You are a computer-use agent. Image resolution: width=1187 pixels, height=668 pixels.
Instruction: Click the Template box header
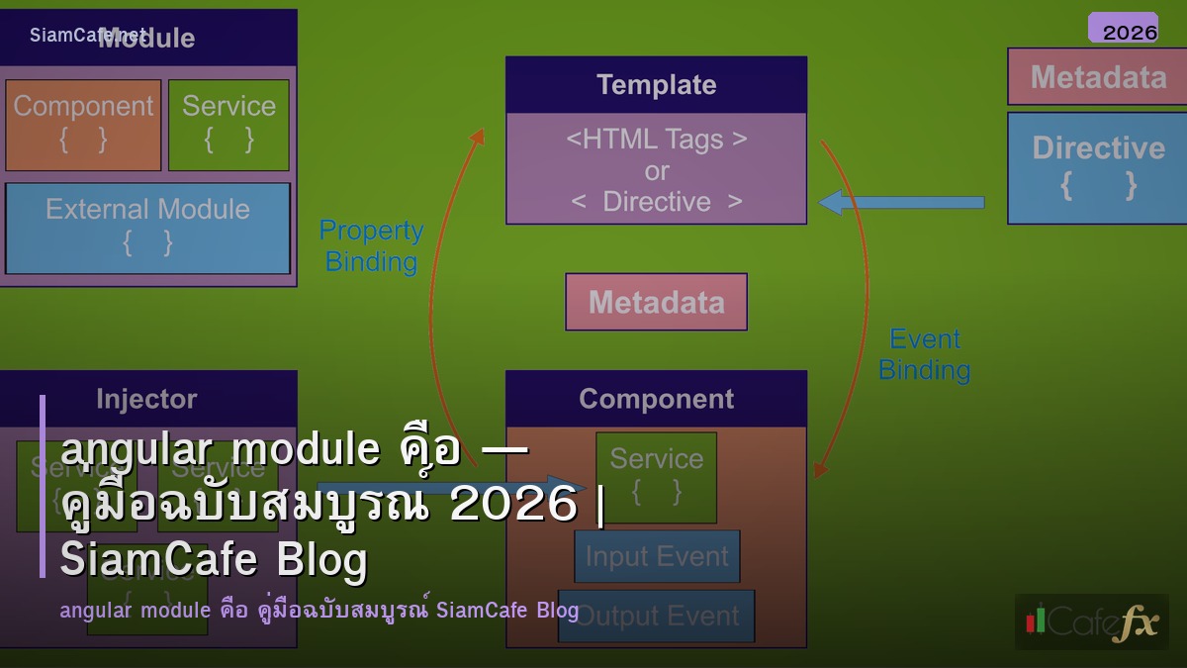click(x=656, y=85)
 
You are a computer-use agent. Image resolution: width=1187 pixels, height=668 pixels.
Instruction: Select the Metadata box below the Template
click(x=656, y=302)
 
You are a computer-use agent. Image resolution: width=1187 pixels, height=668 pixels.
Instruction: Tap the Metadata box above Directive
click(x=1097, y=77)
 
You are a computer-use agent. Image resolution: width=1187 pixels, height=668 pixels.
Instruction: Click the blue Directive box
click(x=1097, y=167)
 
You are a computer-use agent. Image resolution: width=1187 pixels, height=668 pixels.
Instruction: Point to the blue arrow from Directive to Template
click(x=900, y=202)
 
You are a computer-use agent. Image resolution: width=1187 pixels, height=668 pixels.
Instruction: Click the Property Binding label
click(x=371, y=245)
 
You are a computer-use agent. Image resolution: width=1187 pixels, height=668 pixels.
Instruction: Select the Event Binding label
click(x=925, y=353)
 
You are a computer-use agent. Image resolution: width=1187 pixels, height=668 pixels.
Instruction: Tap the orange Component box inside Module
click(x=83, y=125)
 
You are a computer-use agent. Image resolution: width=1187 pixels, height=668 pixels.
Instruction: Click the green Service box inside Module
click(x=228, y=125)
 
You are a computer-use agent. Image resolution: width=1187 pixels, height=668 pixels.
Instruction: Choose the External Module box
click(x=147, y=228)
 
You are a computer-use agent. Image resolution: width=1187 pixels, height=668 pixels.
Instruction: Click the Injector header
click(x=146, y=399)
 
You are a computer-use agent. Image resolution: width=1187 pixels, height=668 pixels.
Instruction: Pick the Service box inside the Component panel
click(x=656, y=476)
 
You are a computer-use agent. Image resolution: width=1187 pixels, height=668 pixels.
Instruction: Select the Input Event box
click(x=657, y=556)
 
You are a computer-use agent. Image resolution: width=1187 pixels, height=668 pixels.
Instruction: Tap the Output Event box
click(x=657, y=616)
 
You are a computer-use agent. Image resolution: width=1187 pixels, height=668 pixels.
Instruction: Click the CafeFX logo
click(x=1091, y=621)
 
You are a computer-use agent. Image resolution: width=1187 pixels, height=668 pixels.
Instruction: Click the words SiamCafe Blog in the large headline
click(x=214, y=560)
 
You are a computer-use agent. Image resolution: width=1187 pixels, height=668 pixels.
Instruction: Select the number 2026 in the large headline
click(x=512, y=505)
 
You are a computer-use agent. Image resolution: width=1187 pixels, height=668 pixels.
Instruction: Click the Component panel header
click(x=656, y=399)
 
